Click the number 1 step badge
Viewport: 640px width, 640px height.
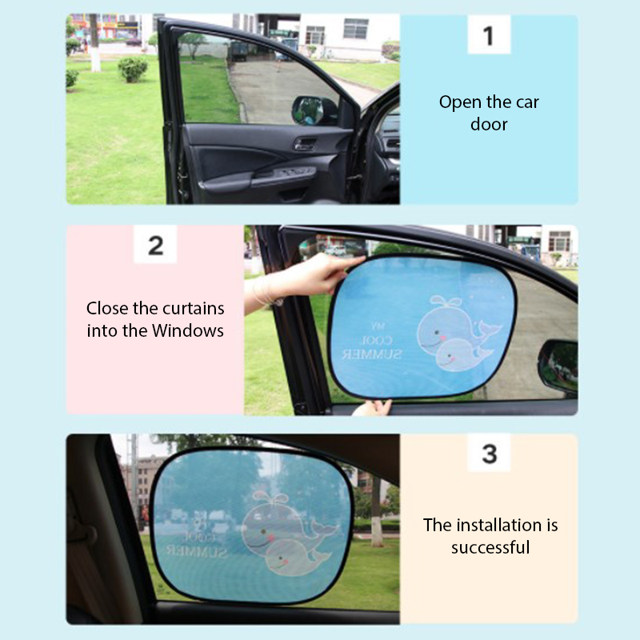click(x=489, y=34)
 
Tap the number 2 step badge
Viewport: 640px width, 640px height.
click(x=155, y=245)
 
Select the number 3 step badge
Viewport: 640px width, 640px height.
click(x=489, y=453)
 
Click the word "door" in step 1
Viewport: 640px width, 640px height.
click(x=489, y=124)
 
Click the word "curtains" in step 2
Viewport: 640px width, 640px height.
click(x=196, y=309)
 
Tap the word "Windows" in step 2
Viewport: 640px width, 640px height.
click(x=188, y=330)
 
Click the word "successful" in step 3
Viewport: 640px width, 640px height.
click(x=490, y=547)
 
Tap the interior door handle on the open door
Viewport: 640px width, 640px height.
click(x=305, y=144)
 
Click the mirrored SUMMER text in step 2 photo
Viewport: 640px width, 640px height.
click(x=371, y=354)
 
